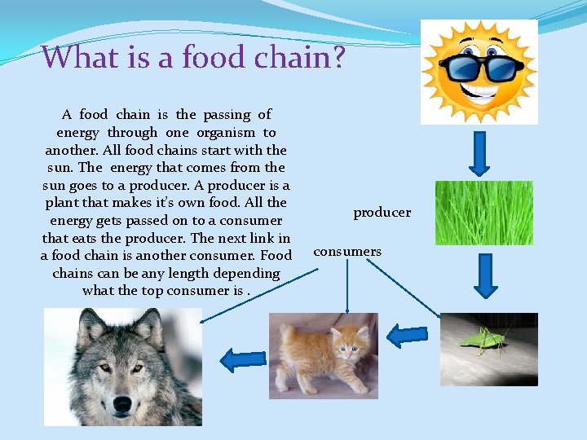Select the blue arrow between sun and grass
click(x=481, y=152)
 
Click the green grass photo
click(x=483, y=213)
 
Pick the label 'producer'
click(x=382, y=213)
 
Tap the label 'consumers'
click(x=347, y=252)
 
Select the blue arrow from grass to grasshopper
click(x=486, y=279)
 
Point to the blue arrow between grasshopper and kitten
click(x=405, y=336)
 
